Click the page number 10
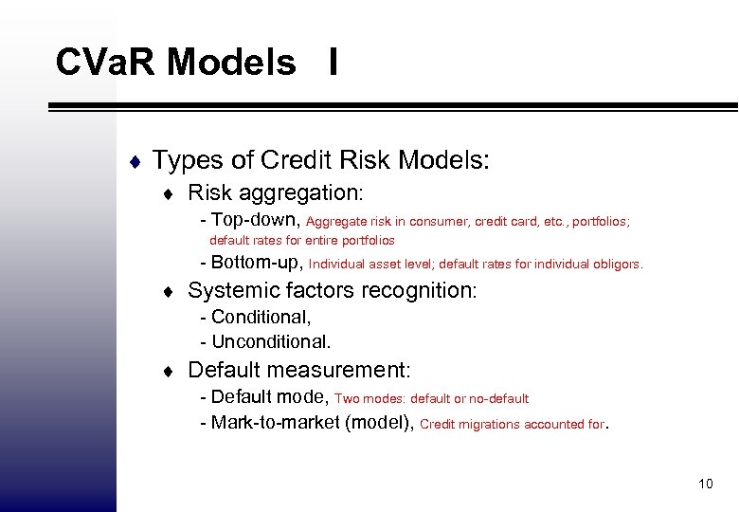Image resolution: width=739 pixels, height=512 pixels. (704, 485)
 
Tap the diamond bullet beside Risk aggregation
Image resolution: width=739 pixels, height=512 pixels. (168, 193)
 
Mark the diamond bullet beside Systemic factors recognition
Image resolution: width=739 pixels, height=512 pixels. (168, 290)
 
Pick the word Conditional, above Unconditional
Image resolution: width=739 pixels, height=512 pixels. (261, 317)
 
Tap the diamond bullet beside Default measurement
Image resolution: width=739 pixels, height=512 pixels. (168, 370)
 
